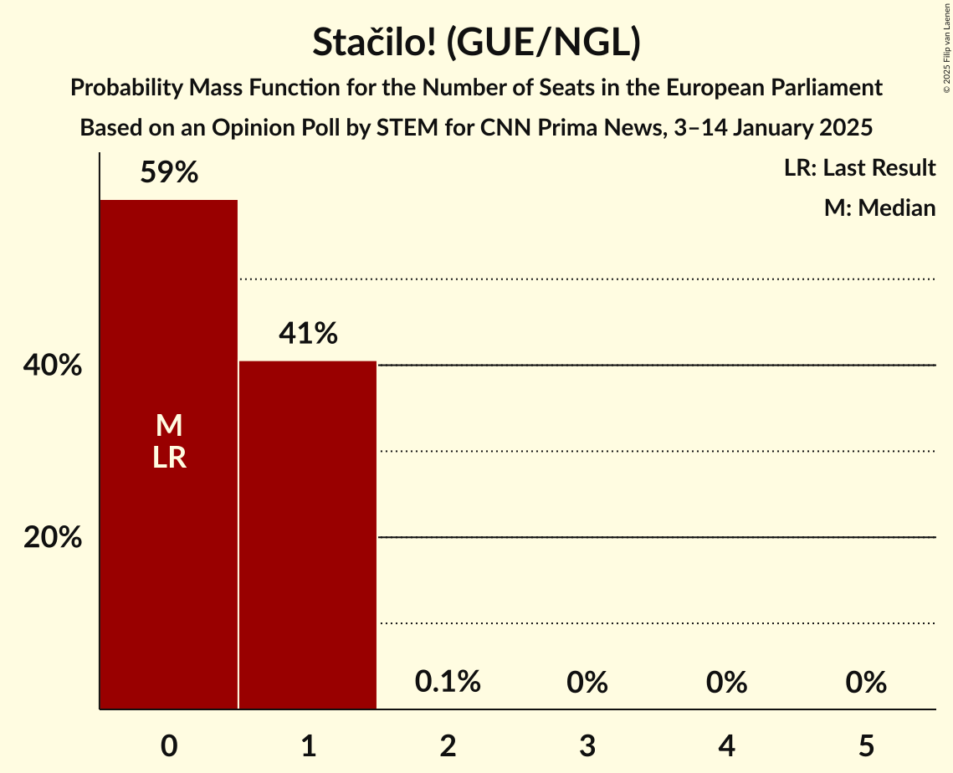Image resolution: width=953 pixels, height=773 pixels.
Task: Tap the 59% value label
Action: tap(169, 173)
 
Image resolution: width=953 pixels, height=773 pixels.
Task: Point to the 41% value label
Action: tap(308, 335)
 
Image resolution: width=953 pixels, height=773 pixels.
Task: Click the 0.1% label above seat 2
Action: tap(448, 683)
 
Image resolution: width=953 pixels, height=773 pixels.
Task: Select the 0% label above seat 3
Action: tap(587, 683)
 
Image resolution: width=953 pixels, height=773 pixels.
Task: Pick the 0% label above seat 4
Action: tap(726, 683)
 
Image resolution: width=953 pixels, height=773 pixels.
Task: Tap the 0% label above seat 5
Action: tap(865, 683)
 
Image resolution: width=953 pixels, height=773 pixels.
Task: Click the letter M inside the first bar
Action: tap(169, 426)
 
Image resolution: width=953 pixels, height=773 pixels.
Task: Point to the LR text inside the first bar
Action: tap(169, 458)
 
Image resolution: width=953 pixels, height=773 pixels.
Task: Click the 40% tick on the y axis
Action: tap(53, 366)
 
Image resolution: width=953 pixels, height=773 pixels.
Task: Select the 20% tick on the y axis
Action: tap(53, 538)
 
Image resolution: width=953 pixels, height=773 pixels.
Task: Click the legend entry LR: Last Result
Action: tap(859, 168)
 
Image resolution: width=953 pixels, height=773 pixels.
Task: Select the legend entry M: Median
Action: tap(879, 208)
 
